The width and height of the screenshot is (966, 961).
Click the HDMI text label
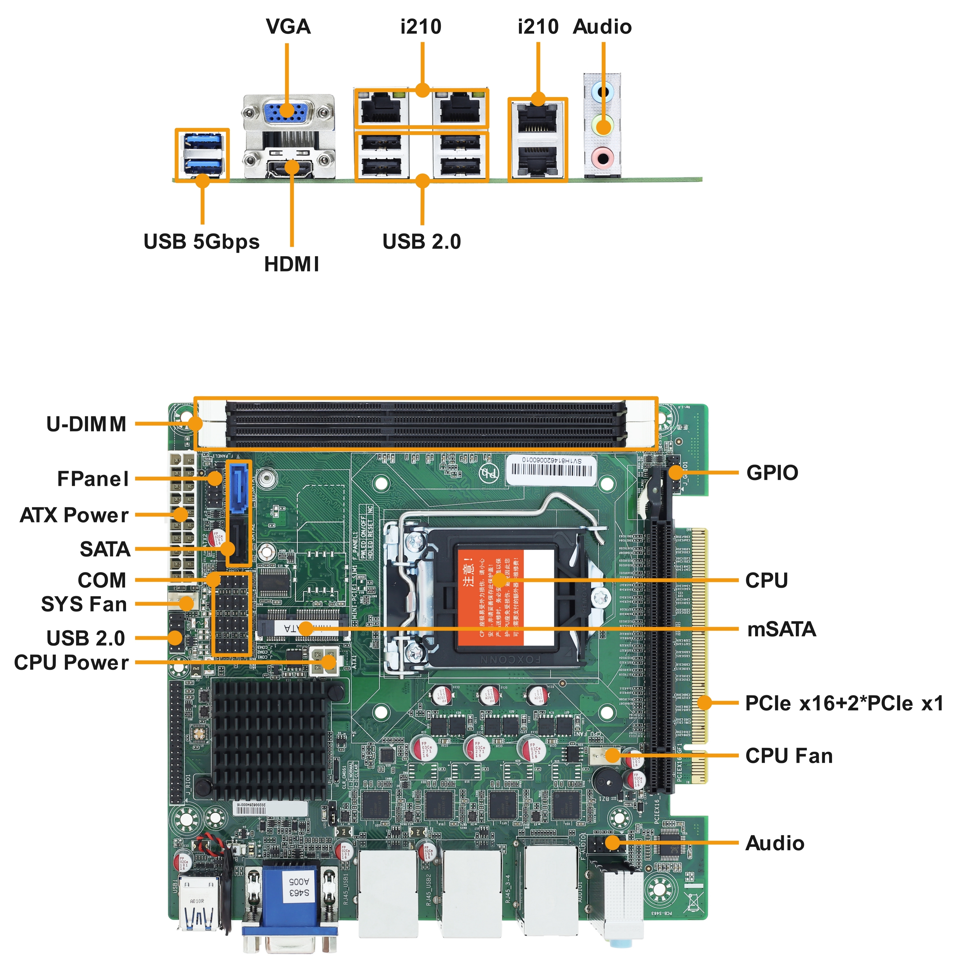291,264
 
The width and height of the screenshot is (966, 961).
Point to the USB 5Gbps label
201,242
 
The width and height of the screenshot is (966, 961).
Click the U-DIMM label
86,424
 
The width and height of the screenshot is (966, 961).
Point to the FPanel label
93,479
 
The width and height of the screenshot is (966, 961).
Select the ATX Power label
74,515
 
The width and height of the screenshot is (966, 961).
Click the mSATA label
781,629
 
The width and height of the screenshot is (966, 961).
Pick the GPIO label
772,473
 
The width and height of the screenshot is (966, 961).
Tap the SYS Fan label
84,604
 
